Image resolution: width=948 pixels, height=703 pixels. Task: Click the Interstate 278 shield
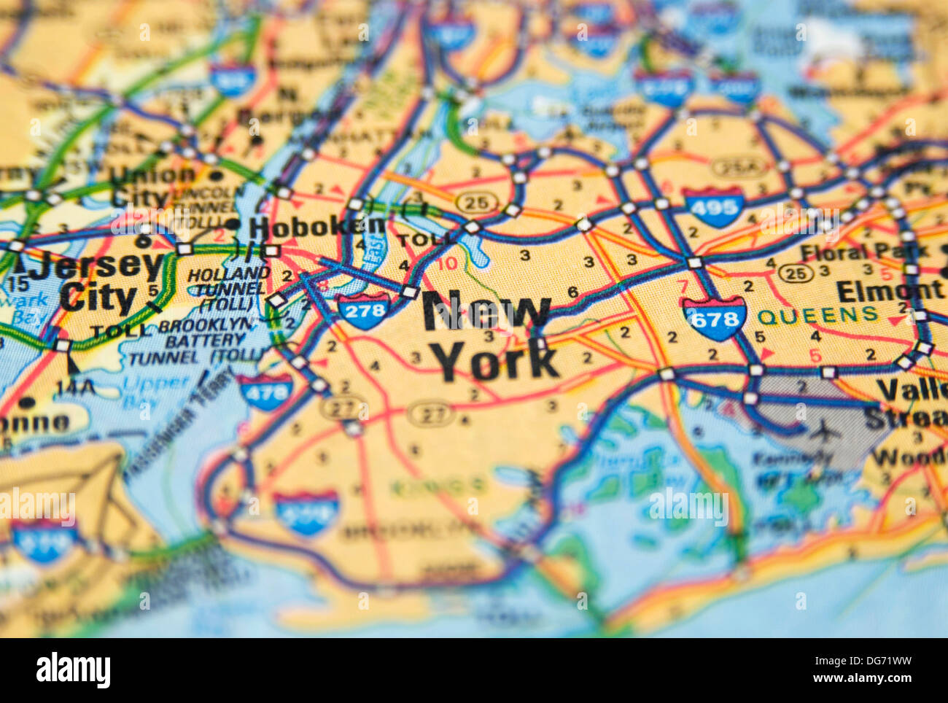tap(364, 310)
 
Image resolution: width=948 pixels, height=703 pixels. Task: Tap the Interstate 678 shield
tap(714, 319)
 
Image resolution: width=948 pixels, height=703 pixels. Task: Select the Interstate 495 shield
tap(714, 207)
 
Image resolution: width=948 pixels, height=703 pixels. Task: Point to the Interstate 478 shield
tap(265, 392)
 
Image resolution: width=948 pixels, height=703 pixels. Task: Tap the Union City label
tap(152, 186)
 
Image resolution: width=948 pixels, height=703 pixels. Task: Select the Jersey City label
tap(98, 281)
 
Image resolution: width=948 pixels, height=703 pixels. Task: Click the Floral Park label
tap(863, 252)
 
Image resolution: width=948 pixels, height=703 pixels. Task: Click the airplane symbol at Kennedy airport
tap(826, 432)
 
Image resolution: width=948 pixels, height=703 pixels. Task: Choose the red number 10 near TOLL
tap(448, 263)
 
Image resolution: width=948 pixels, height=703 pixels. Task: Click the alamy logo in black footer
tap(73, 670)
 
